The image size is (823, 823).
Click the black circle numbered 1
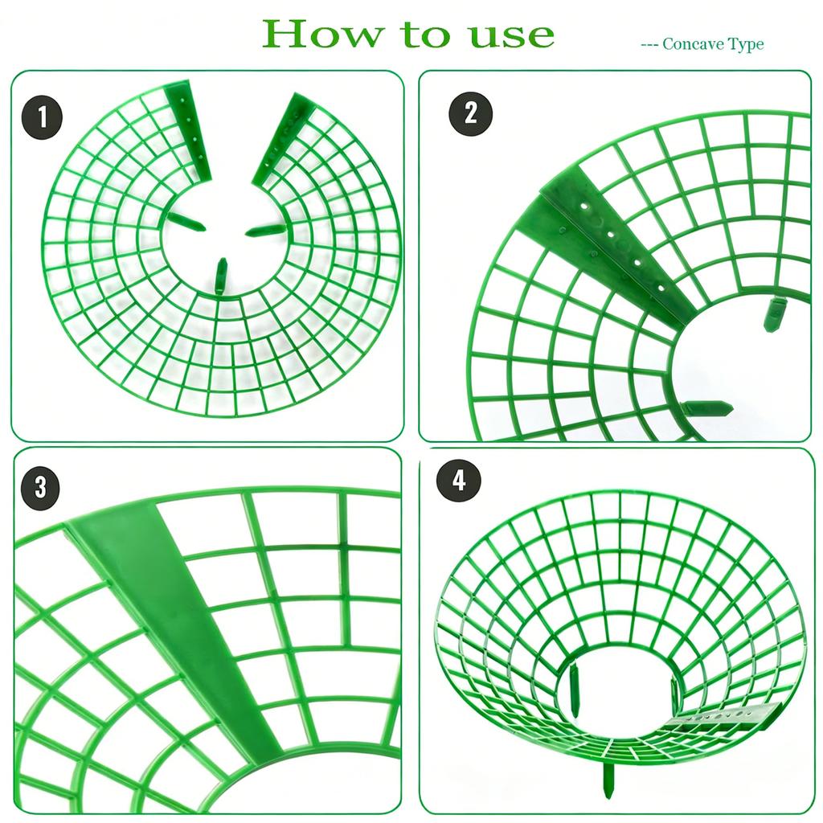(42, 117)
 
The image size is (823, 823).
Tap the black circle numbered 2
(470, 113)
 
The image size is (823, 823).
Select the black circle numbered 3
(40, 488)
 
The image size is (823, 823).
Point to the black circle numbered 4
(459, 481)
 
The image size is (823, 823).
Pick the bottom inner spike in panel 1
(221, 276)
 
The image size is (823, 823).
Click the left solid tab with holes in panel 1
(189, 131)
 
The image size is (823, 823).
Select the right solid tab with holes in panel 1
(284, 138)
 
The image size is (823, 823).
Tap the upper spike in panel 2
(773, 314)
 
